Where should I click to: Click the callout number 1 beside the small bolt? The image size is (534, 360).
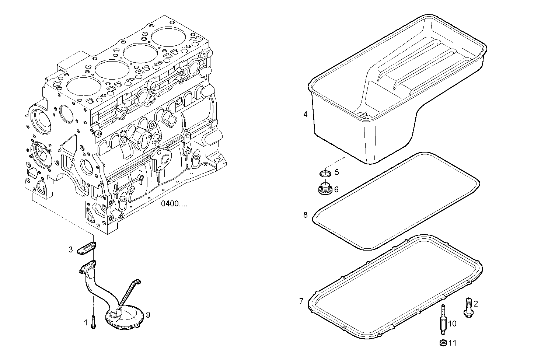pos(85,323)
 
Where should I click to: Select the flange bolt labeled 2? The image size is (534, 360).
pos(468,307)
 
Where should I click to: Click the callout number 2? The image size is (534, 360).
pos(476,304)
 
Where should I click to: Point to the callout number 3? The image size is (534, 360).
pos(70,250)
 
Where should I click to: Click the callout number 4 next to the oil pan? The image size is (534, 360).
pos(305,115)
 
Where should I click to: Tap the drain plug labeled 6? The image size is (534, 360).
pos(325,189)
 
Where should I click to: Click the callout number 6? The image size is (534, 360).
pos(336,190)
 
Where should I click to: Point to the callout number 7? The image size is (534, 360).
pos(301,301)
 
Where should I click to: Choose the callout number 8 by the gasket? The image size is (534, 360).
pos(305,215)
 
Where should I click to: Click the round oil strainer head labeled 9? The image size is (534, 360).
pos(123,318)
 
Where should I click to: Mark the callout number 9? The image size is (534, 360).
pos(148,315)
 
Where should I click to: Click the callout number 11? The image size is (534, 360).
pos(452,343)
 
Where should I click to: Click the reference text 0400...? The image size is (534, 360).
pos(174,204)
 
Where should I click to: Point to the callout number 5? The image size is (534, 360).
pos(336,172)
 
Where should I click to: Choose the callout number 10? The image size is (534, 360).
pos(452,324)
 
